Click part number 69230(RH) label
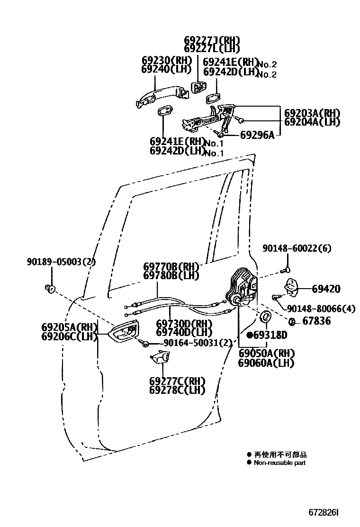pos(166,60)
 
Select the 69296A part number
pos(257,135)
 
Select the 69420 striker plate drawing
pos(291,286)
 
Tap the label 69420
pos(326,289)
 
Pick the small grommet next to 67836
pos(293,322)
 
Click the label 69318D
pos(270,335)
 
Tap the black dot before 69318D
pos(250,335)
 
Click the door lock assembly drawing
pos(243,289)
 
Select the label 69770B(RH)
pos(171,267)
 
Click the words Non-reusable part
pos(279,463)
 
